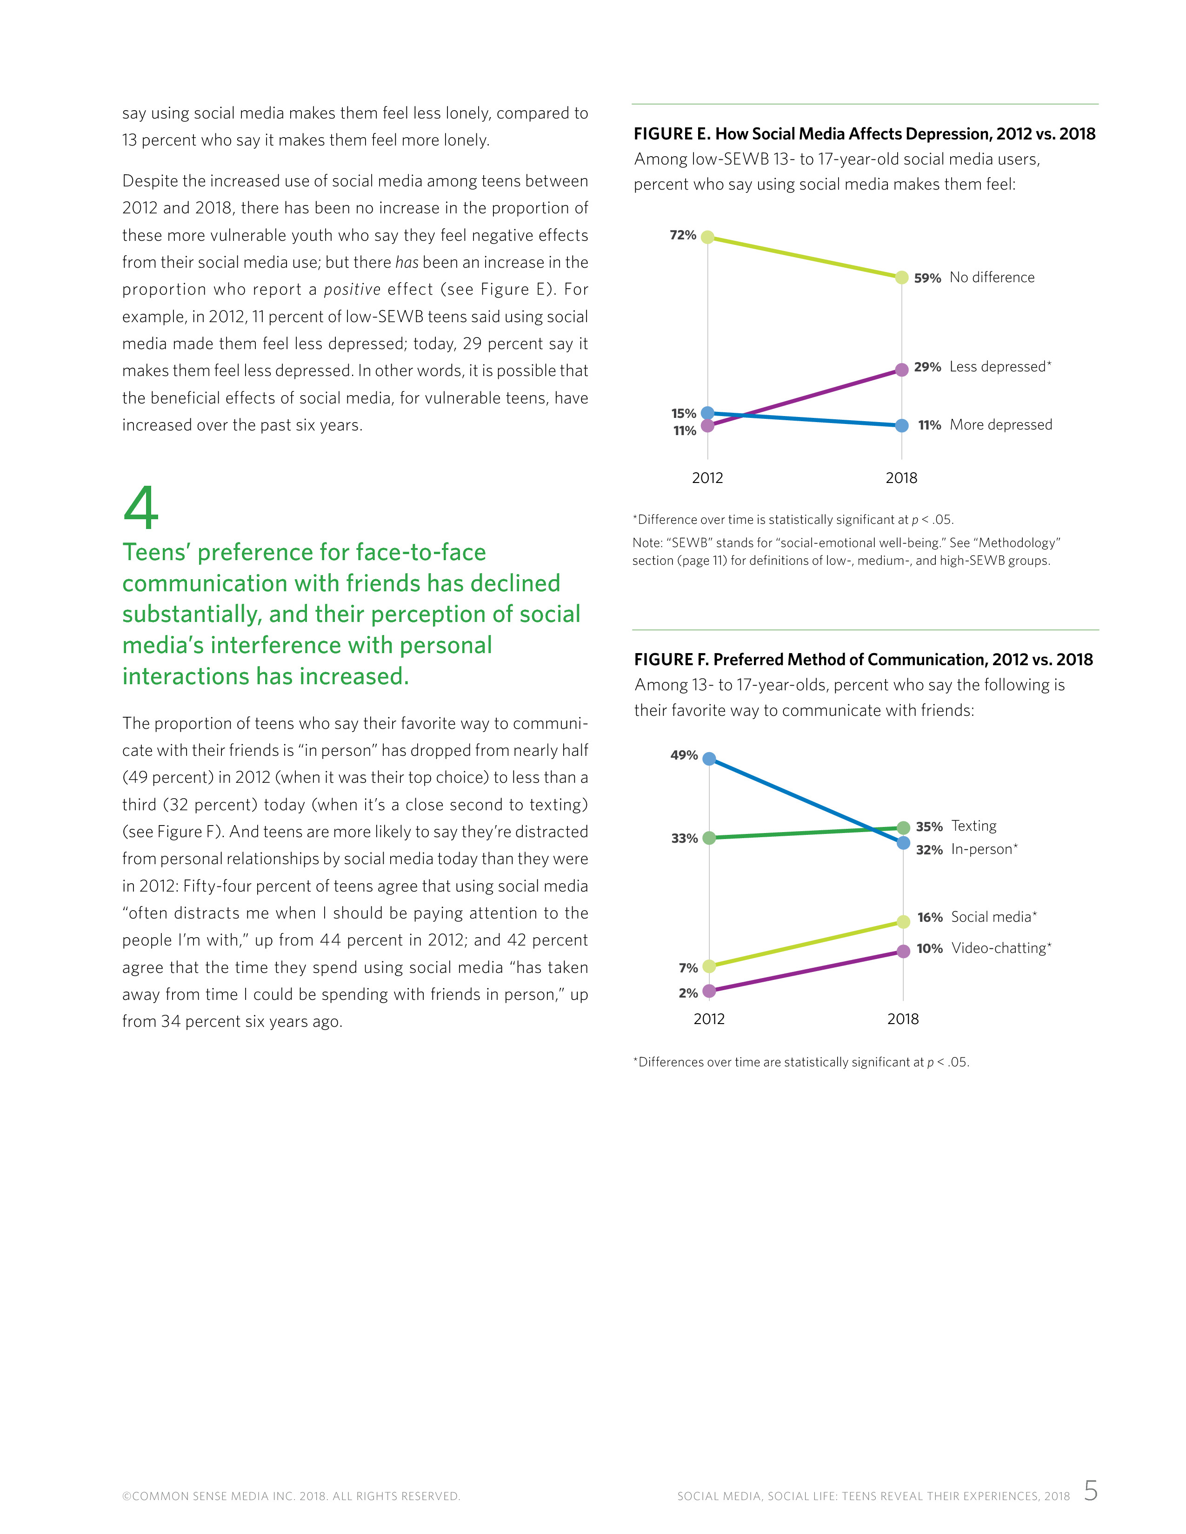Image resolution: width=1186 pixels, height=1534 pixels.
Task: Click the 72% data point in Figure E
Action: tap(707, 238)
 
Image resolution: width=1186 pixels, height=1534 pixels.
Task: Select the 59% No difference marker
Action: tap(901, 278)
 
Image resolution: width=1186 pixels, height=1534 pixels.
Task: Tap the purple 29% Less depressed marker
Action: tap(901, 370)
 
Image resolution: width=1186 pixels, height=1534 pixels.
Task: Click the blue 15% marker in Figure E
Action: tap(707, 413)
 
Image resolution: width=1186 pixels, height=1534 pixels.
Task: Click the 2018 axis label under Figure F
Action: tap(903, 1019)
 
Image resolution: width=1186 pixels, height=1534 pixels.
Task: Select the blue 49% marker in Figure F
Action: tap(709, 759)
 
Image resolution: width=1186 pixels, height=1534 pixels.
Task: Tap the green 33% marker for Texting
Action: tap(709, 837)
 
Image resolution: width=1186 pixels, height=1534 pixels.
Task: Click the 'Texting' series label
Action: tap(974, 826)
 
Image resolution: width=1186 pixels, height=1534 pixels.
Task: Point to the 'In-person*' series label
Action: tap(984, 849)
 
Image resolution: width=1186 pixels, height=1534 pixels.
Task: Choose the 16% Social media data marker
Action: tap(904, 921)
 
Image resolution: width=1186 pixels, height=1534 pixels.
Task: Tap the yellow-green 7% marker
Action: tap(709, 966)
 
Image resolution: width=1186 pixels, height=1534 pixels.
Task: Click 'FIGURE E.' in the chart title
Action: tap(672, 134)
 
